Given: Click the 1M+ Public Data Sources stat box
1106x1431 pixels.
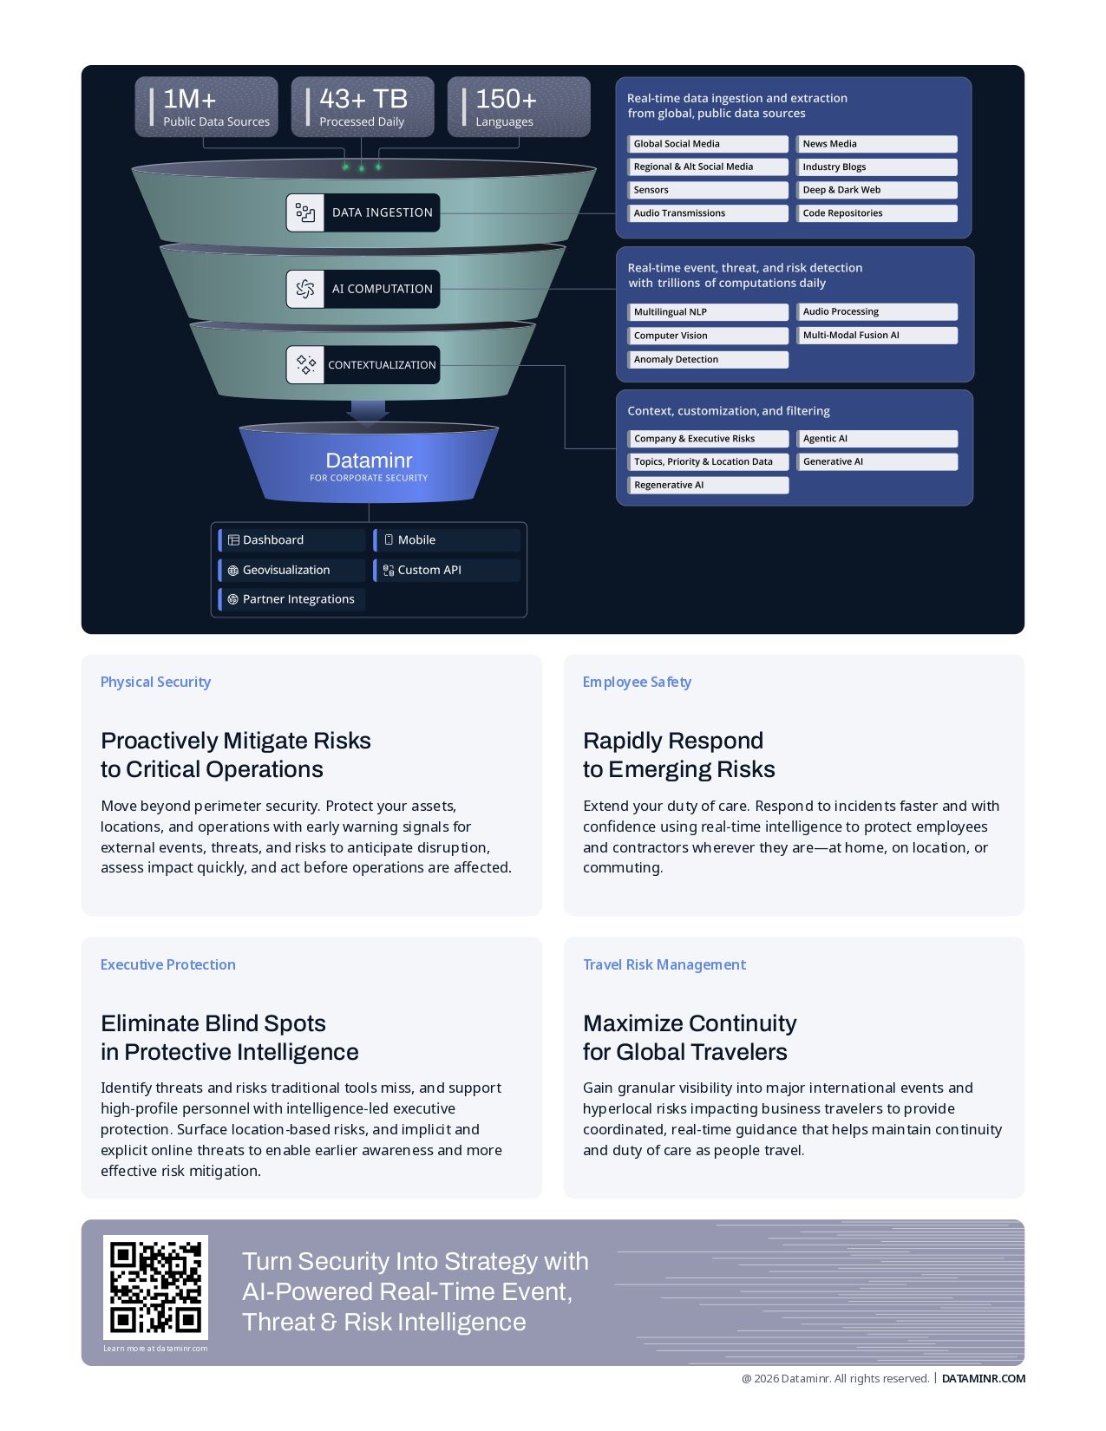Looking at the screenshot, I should pos(206,107).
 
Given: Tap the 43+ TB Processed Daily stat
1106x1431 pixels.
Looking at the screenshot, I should pos(363,107).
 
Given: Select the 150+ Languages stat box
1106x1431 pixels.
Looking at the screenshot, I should pos(519,107).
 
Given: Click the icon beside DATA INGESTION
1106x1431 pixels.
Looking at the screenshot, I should pos(305,212).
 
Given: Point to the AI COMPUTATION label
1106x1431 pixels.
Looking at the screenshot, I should pos(382,289).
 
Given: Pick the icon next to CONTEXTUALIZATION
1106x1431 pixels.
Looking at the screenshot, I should pos(305,364).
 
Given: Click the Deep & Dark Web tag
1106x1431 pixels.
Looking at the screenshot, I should pos(876,190).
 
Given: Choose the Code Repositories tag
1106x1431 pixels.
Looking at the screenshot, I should pos(876,213).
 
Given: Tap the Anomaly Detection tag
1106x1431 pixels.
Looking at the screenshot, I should pos(708,359).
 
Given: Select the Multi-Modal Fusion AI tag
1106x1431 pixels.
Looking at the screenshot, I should pos(876,336).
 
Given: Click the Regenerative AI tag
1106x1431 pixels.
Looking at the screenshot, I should pos(708,485).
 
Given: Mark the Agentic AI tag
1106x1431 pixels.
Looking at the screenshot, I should pos(876,439).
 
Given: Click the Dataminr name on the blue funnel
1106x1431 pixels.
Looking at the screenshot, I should pos(369,461).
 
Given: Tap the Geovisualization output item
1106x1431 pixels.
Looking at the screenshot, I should pos(291,570).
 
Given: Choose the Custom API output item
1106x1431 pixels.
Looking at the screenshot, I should pos(446,570).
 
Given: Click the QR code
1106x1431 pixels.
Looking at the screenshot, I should pos(155,1287).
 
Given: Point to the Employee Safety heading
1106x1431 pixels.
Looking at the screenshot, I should pos(637,682).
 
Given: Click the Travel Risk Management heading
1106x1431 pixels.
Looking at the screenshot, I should pos(664,964).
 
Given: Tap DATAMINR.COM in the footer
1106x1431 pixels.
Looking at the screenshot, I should pos(983,1378).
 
